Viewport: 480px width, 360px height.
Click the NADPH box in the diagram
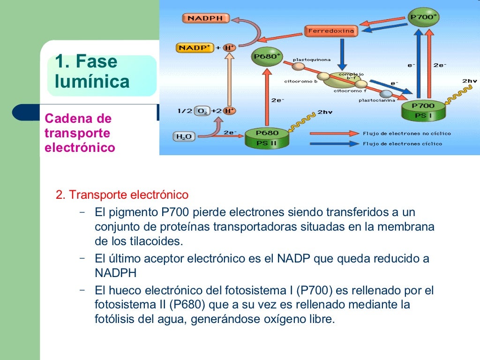pos(205,19)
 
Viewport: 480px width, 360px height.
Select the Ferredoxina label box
pos(331,31)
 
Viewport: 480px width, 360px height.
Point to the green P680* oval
pos(267,57)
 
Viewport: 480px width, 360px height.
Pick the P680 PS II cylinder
pos(266,138)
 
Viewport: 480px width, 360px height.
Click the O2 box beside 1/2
pos(202,111)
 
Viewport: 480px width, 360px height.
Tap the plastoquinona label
pos(312,60)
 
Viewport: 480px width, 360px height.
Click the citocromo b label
pos(301,82)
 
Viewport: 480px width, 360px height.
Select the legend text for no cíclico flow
pos(407,134)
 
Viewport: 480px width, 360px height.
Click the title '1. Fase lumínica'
pos(92,71)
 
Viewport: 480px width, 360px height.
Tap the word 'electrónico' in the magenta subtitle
pos(80,148)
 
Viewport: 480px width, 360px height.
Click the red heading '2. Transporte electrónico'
pos(122,195)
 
